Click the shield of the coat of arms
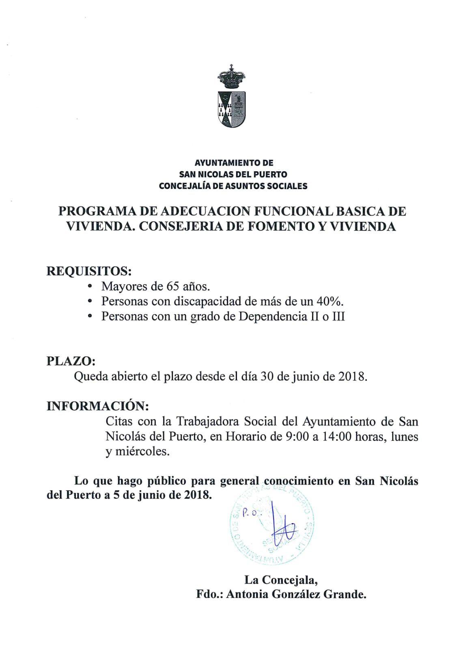coord(231,108)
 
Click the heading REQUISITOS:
coord(89,271)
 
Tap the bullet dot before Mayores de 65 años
coord(90,287)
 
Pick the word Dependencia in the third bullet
coord(273,316)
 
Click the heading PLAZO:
coord(71,361)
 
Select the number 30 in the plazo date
coord(267,376)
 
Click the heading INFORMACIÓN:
coord(97,406)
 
